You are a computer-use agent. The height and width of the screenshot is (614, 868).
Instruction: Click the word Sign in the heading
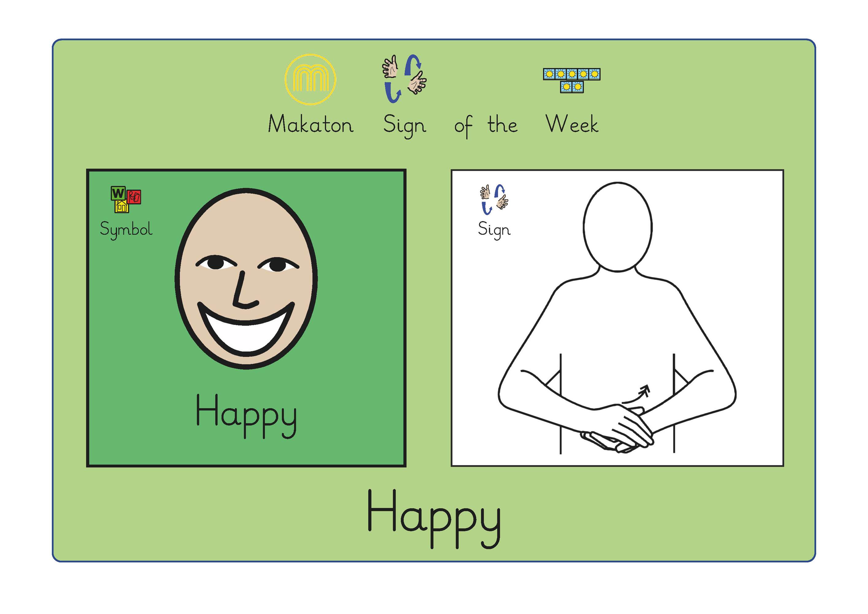(x=404, y=126)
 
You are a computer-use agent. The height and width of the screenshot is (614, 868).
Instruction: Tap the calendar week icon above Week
(x=572, y=80)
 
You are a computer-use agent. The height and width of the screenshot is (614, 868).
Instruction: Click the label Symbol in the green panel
(x=126, y=229)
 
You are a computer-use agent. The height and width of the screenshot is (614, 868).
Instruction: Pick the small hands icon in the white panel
(x=494, y=199)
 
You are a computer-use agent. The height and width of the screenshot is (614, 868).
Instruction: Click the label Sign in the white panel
(x=494, y=229)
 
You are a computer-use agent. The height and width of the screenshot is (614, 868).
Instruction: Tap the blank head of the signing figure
(x=617, y=227)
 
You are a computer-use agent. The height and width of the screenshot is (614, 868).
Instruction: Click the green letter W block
(x=118, y=193)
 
